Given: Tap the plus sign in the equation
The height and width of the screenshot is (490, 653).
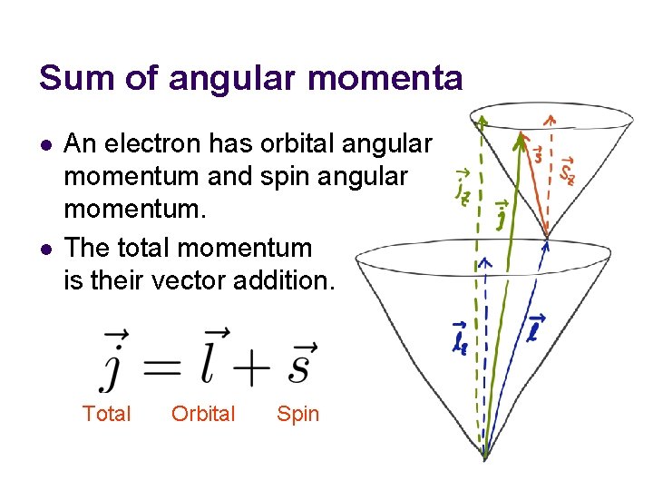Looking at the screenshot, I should (x=256, y=367).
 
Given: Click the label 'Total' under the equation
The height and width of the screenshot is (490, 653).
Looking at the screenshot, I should (x=106, y=415).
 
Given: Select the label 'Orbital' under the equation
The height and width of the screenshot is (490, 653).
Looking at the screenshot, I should (x=203, y=415).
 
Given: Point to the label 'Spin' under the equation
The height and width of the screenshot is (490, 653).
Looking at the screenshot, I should (x=298, y=415).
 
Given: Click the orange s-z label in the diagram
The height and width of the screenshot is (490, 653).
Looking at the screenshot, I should (x=568, y=169).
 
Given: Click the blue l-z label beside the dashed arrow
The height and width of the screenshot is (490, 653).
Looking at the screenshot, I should (x=461, y=336).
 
